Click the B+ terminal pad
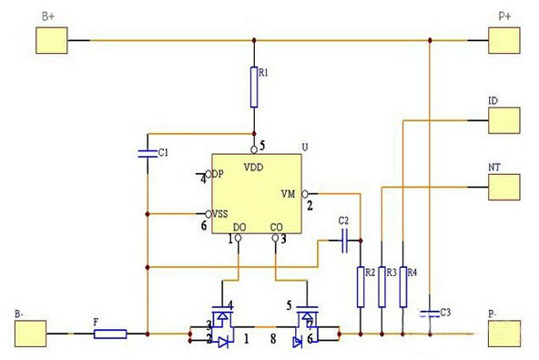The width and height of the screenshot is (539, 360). tap(52, 41)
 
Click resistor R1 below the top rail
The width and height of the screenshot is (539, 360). tap(255, 86)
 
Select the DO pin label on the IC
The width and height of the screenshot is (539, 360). tap(239, 227)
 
